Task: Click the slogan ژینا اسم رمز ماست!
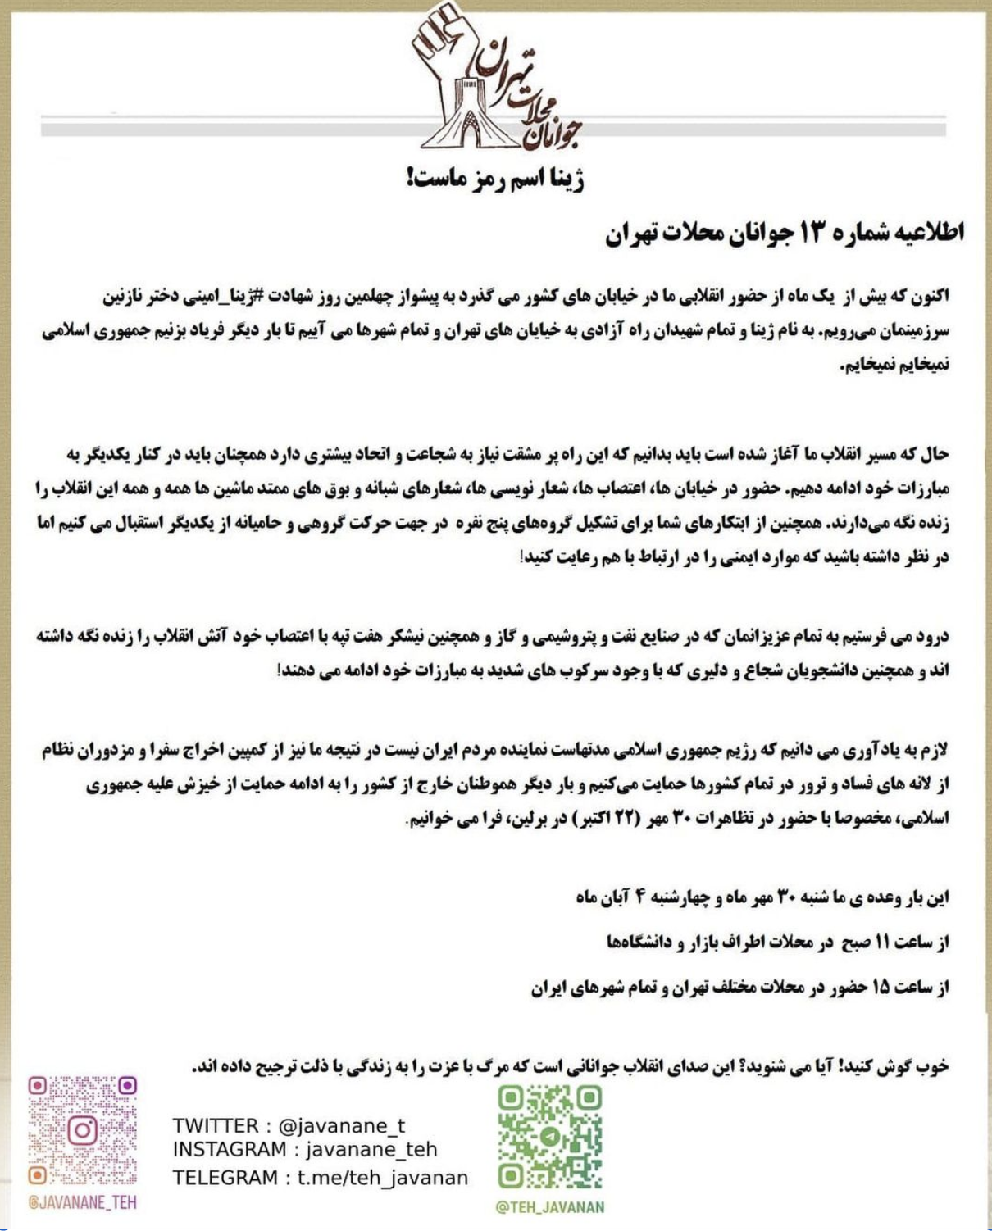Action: tap(495, 178)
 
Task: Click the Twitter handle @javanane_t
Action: tap(342, 1126)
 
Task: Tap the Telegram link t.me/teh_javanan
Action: tap(382, 1178)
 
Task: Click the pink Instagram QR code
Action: tap(82, 1131)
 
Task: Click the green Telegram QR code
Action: tap(550, 1138)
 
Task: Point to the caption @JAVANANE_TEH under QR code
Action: tap(82, 1202)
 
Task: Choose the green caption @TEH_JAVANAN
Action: tap(550, 1207)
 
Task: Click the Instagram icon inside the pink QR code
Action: tap(82, 1131)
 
